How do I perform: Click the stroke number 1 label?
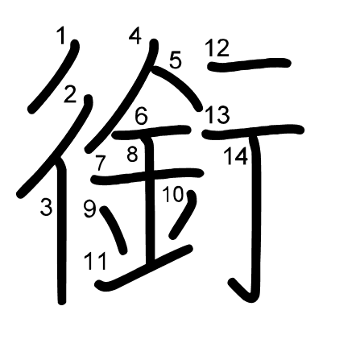pos(61,36)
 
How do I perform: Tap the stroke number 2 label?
pos(70,94)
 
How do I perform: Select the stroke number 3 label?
pos(46,207)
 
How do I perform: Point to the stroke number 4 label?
pos(135,36)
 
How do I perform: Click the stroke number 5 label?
pos(176,60)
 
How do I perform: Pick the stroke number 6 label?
pos(142,116)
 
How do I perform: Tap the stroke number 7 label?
pos(100,163)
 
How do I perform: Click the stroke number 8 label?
pos(132,154)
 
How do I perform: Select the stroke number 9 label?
pos(89,209)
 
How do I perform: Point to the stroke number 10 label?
pos(173,194)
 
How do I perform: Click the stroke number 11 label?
pos(96,262)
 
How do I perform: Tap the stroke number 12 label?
pos(217,48)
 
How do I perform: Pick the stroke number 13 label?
pos(217,115)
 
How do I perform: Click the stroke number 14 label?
pos(236,156)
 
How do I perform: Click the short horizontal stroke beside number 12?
pos(250,64)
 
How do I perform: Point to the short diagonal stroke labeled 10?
pos(183,214)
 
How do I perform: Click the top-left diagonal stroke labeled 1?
pos(55,76)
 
